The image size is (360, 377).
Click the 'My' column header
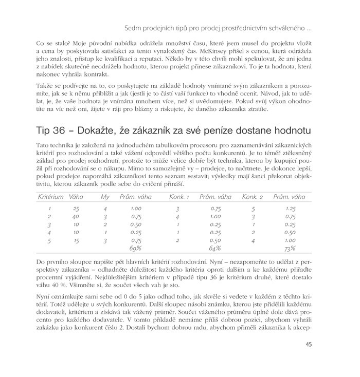coord(104,197)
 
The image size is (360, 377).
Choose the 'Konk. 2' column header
coord(253,197)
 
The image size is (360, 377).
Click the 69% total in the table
coord(136,249)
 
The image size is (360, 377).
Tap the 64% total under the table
coord(216,249)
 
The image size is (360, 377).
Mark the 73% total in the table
coord(290,249)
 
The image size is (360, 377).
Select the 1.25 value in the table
coord(290,209)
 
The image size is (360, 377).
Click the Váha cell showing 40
coord(76,217)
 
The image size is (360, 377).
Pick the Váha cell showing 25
coord(76,209)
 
